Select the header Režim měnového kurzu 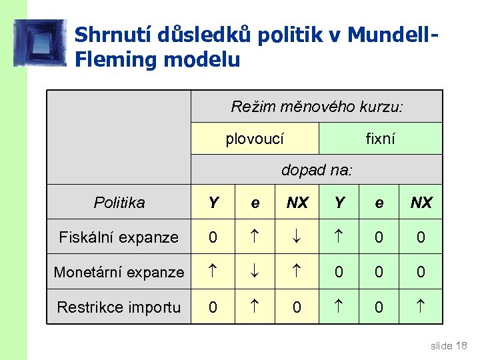(x=317, y=107)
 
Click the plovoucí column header (x=255, y=139)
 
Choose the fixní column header (x=380, y=139)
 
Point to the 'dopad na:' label (x=317, y=171)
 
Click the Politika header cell (x=119, y=203)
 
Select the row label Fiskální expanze (x=119, y=237)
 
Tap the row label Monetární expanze (x=119, y=272)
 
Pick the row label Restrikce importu (x=119, y=307)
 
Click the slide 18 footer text (x=449, y=345)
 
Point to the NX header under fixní (x=421, y=203)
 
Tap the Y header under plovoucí (x=213, y=203)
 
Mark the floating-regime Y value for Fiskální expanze (x=213, y=237)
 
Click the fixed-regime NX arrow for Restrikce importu (x=421, y=307)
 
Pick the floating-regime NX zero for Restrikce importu (x=297, y=307)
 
